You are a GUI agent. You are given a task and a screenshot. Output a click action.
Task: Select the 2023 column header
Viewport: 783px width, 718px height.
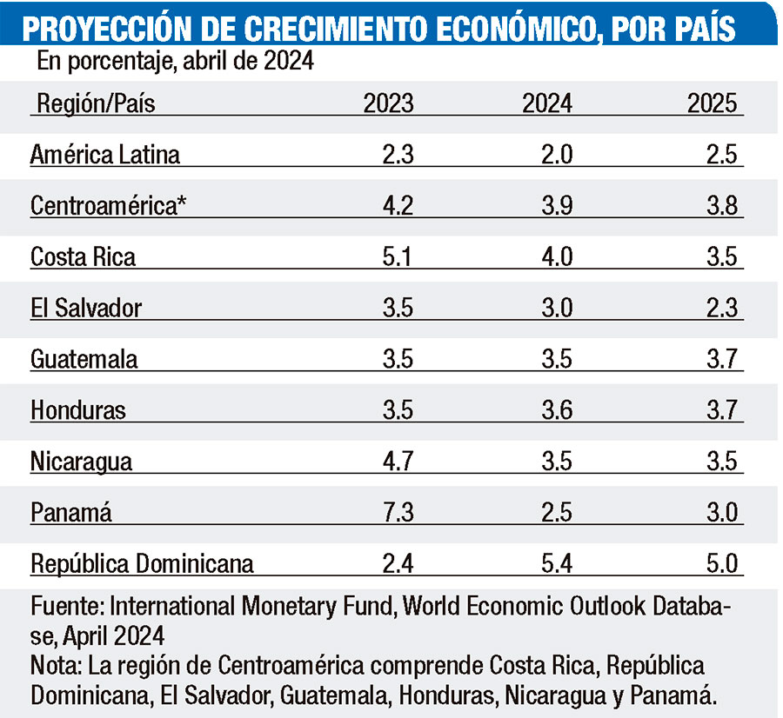(x=389, y=104)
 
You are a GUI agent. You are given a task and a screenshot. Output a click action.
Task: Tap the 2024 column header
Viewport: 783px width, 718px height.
(x=547, y=104)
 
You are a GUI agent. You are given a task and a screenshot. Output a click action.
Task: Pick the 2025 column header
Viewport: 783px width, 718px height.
(x=713, y=104)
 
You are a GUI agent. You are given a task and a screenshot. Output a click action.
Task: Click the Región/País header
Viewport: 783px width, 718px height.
(x=96, y=104)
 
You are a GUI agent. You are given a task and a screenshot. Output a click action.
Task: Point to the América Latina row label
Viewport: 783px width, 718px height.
(x=105, y=155)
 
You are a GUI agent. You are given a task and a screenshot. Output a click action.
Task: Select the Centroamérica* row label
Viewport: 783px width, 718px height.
(x=109, y=206)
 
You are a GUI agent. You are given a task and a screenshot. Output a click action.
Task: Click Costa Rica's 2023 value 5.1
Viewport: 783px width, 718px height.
(x=397, y=257)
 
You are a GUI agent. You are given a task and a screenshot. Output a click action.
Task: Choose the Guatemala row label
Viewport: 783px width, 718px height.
(x=84, y=359)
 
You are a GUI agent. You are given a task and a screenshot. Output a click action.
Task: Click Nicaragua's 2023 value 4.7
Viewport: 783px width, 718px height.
(x=397, y=461)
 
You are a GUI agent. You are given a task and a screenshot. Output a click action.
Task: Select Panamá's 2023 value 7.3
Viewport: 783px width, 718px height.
(x=397, y=512)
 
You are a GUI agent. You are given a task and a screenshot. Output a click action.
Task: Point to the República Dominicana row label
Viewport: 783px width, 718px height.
(x=142, y=563)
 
